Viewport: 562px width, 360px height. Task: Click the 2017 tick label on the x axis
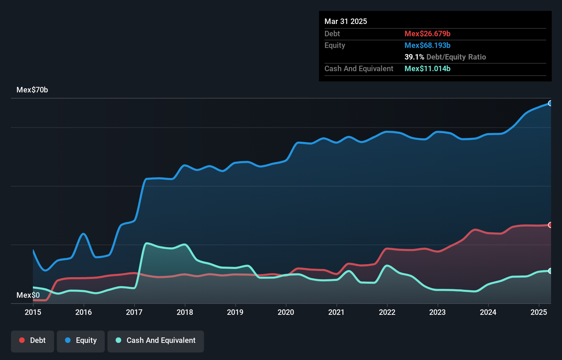point(134,312)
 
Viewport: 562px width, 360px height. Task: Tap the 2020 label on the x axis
point(286,312)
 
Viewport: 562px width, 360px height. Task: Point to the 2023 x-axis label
point(437,312)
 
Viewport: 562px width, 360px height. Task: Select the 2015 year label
point(33,312)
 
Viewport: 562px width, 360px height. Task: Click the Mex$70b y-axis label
point(32,90)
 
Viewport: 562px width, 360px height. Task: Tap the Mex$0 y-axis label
point(28,295)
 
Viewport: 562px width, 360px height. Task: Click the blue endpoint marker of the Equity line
point(550,103)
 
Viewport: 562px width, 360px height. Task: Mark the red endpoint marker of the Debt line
point(550,225)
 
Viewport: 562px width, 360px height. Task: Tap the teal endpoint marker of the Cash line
point(550,271)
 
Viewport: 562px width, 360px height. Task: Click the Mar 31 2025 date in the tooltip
point(346,21)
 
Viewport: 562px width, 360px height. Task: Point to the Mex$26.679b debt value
point(427,34)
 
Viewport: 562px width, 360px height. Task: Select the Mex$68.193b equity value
point(427,45)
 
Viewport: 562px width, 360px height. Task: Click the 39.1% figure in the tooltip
point(414,57)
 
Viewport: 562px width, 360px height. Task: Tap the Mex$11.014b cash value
point(427,68)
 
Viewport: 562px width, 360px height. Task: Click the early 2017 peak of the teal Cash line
point(147,243)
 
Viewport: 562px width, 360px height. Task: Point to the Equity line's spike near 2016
point(84,234)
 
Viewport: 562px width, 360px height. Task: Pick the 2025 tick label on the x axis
point(539,312)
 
